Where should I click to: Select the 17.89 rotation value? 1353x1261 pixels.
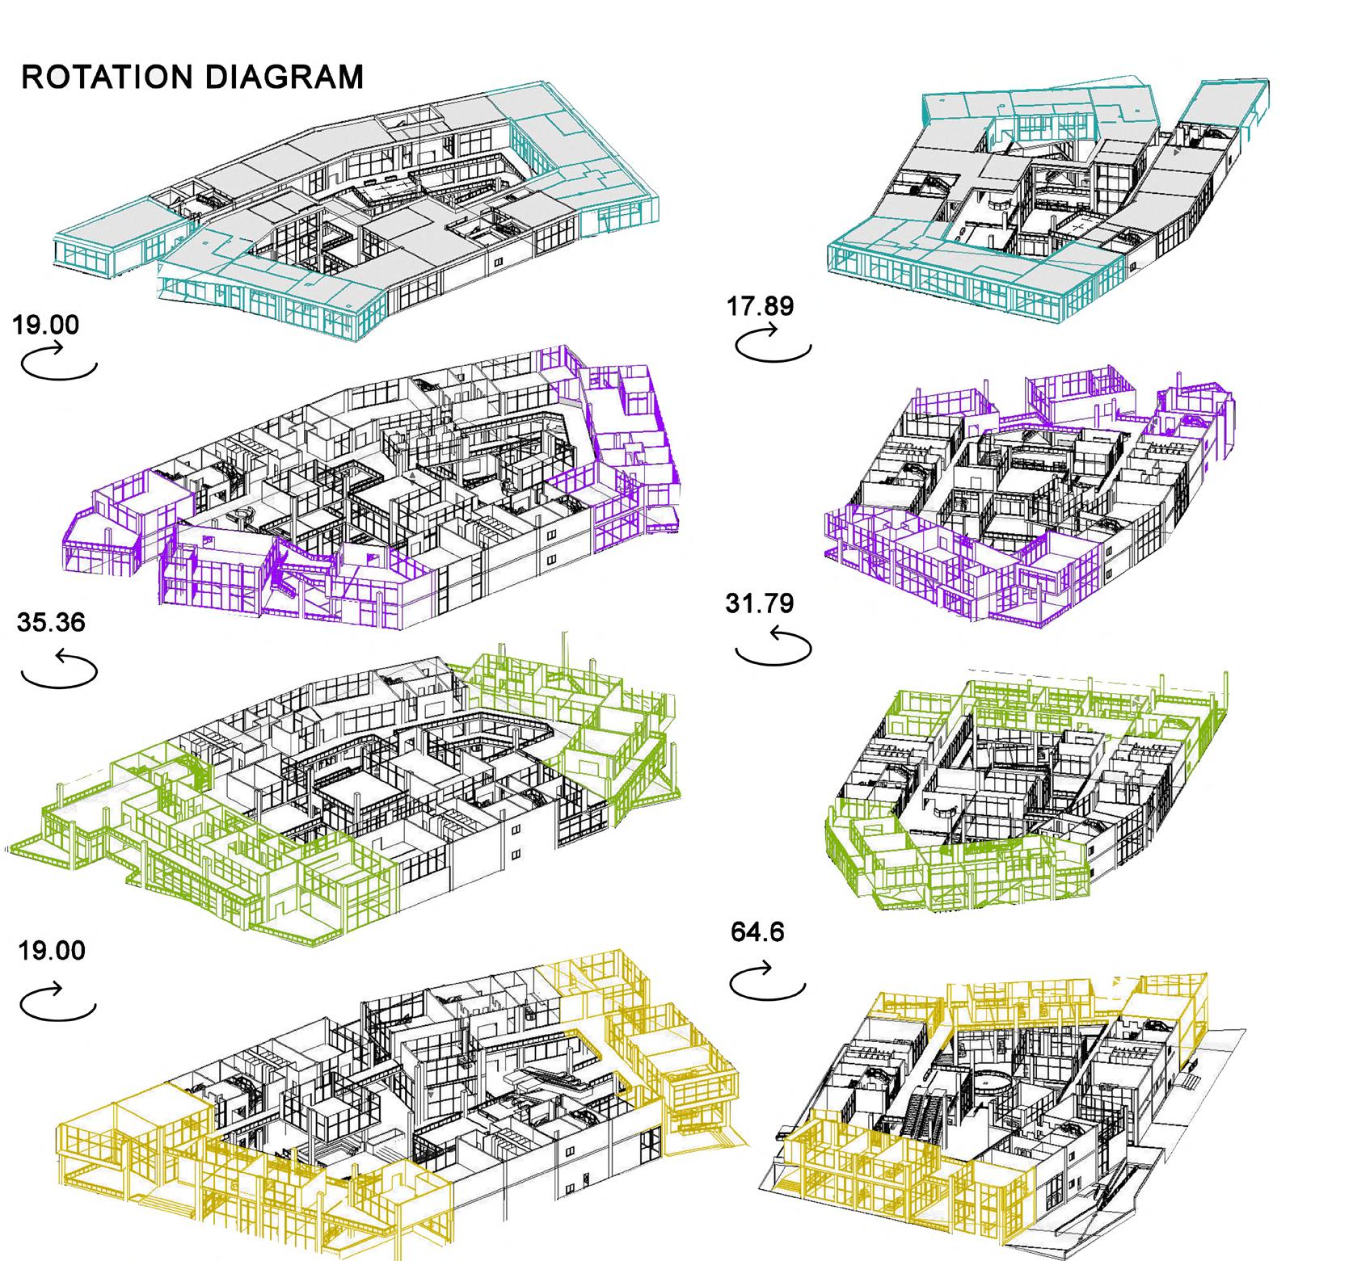(x=761, y=306)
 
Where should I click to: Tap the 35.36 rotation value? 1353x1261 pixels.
(x=50, y=623)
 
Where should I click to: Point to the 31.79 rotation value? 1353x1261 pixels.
(x=760, y=603)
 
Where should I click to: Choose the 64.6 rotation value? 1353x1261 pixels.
(x=757, y=932)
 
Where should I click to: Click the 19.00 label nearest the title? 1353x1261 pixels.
(x=46, y=325)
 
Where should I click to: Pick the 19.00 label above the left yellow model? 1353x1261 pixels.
(x=51, y=950)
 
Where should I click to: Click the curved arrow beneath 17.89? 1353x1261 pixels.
(x=773, y=344)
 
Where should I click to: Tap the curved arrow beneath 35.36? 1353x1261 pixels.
(x=58, y=670)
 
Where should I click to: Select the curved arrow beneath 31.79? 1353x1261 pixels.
(x=773, y=647)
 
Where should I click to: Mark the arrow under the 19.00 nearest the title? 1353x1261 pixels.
(x=58, y=361)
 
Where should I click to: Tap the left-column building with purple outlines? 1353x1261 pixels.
(x=372, y=485)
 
